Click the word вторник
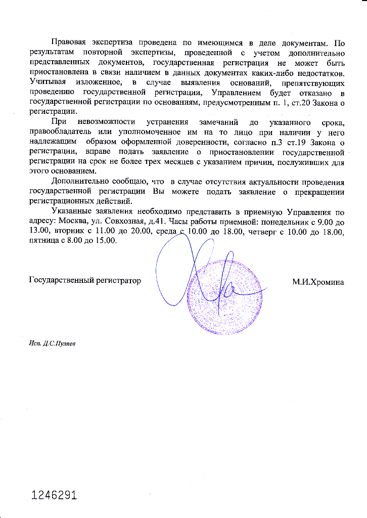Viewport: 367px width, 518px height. (69, 232)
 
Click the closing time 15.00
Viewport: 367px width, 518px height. (105, 241)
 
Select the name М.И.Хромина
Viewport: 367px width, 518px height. (317, 282)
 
